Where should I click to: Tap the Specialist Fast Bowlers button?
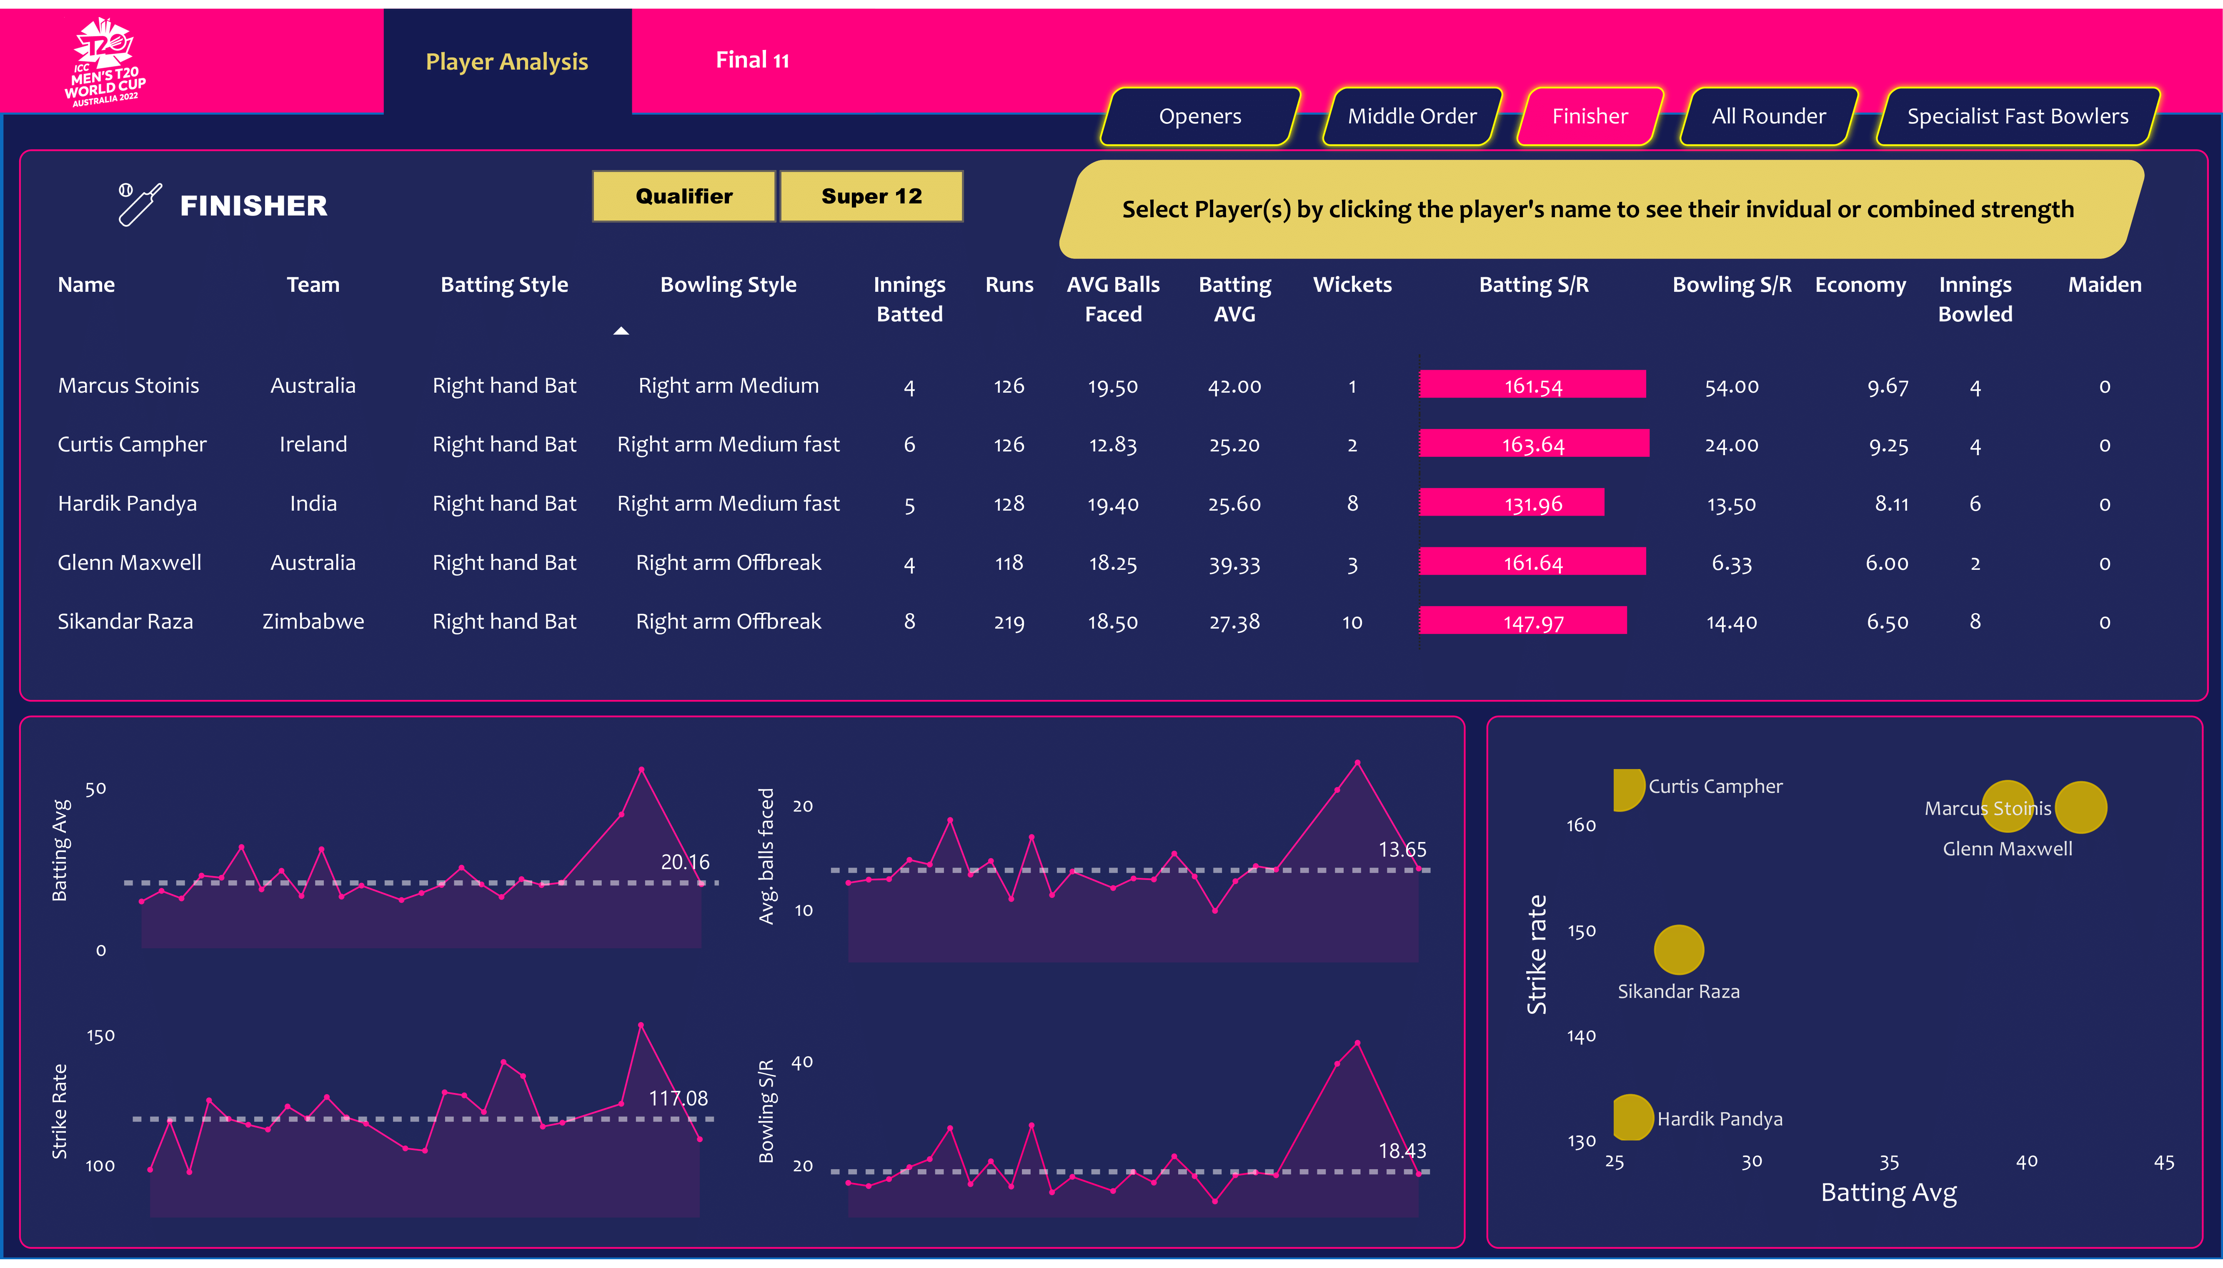click(2017, 116)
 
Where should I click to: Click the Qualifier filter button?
click(683, 196)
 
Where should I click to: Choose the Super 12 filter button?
click(871, 196)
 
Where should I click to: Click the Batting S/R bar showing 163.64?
click(1533, 444)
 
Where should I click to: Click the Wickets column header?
click(1352, 285)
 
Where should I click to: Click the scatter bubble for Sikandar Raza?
click(1678, 949)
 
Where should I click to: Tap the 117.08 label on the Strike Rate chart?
click(677, 1098)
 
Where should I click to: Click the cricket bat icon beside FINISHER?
click(139, 205)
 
